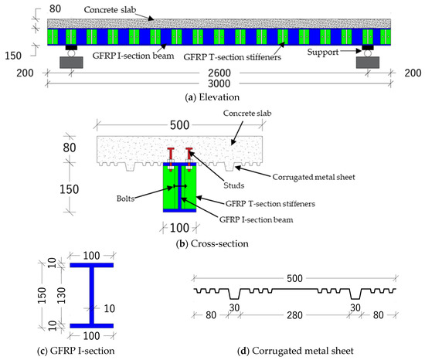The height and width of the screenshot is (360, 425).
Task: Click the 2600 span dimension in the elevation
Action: [x=213, y=73]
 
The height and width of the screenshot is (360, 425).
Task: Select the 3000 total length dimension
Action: [x=213, y=83]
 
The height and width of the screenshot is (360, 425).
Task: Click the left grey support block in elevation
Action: [x=70, y=62]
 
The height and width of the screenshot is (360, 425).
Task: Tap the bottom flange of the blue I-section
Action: [x=92, y=324]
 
